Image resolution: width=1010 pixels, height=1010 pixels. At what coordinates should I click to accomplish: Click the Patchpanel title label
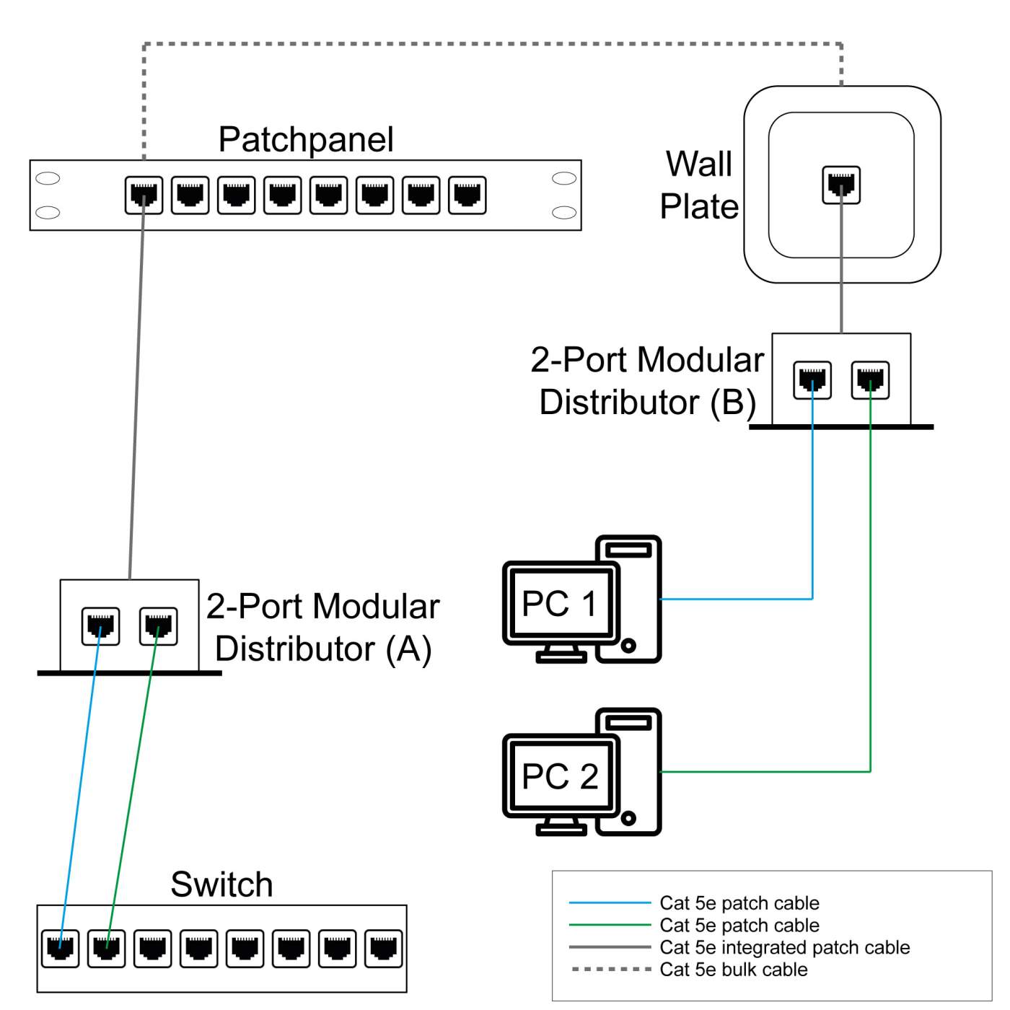(x=306, y=139)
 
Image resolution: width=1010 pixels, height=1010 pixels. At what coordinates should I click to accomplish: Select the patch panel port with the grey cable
(x=144, y=196)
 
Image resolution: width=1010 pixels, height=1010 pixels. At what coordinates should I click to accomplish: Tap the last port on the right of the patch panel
(x=467, y=196)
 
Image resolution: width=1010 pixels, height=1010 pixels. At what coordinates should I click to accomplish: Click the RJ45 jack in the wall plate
(x=841, y=185)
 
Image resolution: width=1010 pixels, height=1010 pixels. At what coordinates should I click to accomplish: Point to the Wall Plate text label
(x=699, y=185)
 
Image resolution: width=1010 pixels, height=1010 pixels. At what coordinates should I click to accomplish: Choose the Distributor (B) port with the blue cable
(x=812, y=380)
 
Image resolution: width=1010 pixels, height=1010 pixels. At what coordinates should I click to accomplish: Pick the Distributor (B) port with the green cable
(x=870, y=380)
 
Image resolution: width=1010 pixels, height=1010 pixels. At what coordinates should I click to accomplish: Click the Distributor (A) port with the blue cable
(x=101, y=626)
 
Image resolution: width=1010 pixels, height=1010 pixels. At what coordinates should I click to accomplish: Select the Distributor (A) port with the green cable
(x=158, y=626)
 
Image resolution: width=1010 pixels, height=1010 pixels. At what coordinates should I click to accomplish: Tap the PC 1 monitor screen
(x=560, y=603)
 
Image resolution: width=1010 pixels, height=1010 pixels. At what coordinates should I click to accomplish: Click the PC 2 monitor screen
(x=560, y=776)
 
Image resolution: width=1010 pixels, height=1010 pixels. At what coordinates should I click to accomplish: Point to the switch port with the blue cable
(x=61, y=948)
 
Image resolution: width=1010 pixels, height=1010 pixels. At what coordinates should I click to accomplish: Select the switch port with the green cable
(x=107, y=948)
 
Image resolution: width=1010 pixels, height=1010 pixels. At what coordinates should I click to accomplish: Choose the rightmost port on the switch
(x=384, y=948)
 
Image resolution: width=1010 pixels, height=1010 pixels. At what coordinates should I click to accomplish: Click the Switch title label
(x=221, y=884)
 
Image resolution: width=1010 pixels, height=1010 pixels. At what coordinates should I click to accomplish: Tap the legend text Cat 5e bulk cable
(x=733, y=970)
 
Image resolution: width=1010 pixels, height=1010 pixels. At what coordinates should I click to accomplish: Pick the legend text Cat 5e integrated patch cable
(x=784, y=947)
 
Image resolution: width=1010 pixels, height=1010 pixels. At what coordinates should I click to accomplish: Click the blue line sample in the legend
(x=610, y=903)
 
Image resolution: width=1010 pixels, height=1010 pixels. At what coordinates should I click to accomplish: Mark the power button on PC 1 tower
(x=628, y=646)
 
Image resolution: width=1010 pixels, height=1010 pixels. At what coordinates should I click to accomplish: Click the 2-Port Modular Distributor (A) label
(x=323, y=627)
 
